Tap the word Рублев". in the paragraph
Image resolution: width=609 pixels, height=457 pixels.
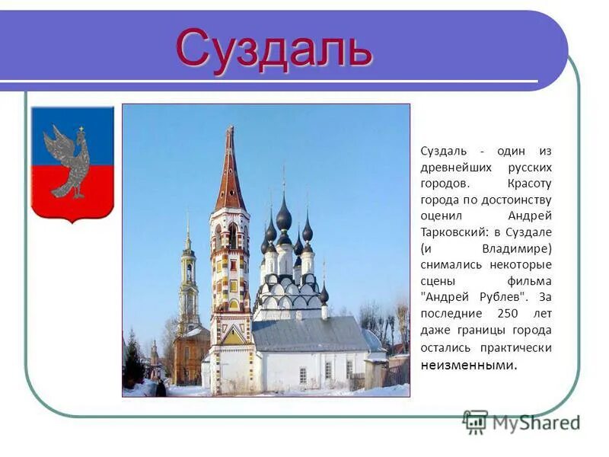point(507,297)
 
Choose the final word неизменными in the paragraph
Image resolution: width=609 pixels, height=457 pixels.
point(467,364)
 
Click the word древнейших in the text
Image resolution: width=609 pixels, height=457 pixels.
point(455,167)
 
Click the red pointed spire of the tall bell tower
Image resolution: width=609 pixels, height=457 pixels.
point(229,171)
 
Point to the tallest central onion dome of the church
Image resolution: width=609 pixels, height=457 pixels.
point(284,216)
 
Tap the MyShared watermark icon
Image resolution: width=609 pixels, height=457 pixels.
point(475,421)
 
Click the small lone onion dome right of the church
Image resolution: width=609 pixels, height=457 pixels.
point(324,293)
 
